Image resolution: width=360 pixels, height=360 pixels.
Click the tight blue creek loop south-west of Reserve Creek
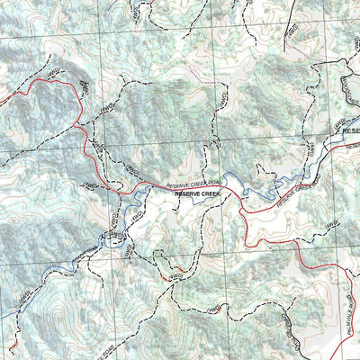click(112, 239)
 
